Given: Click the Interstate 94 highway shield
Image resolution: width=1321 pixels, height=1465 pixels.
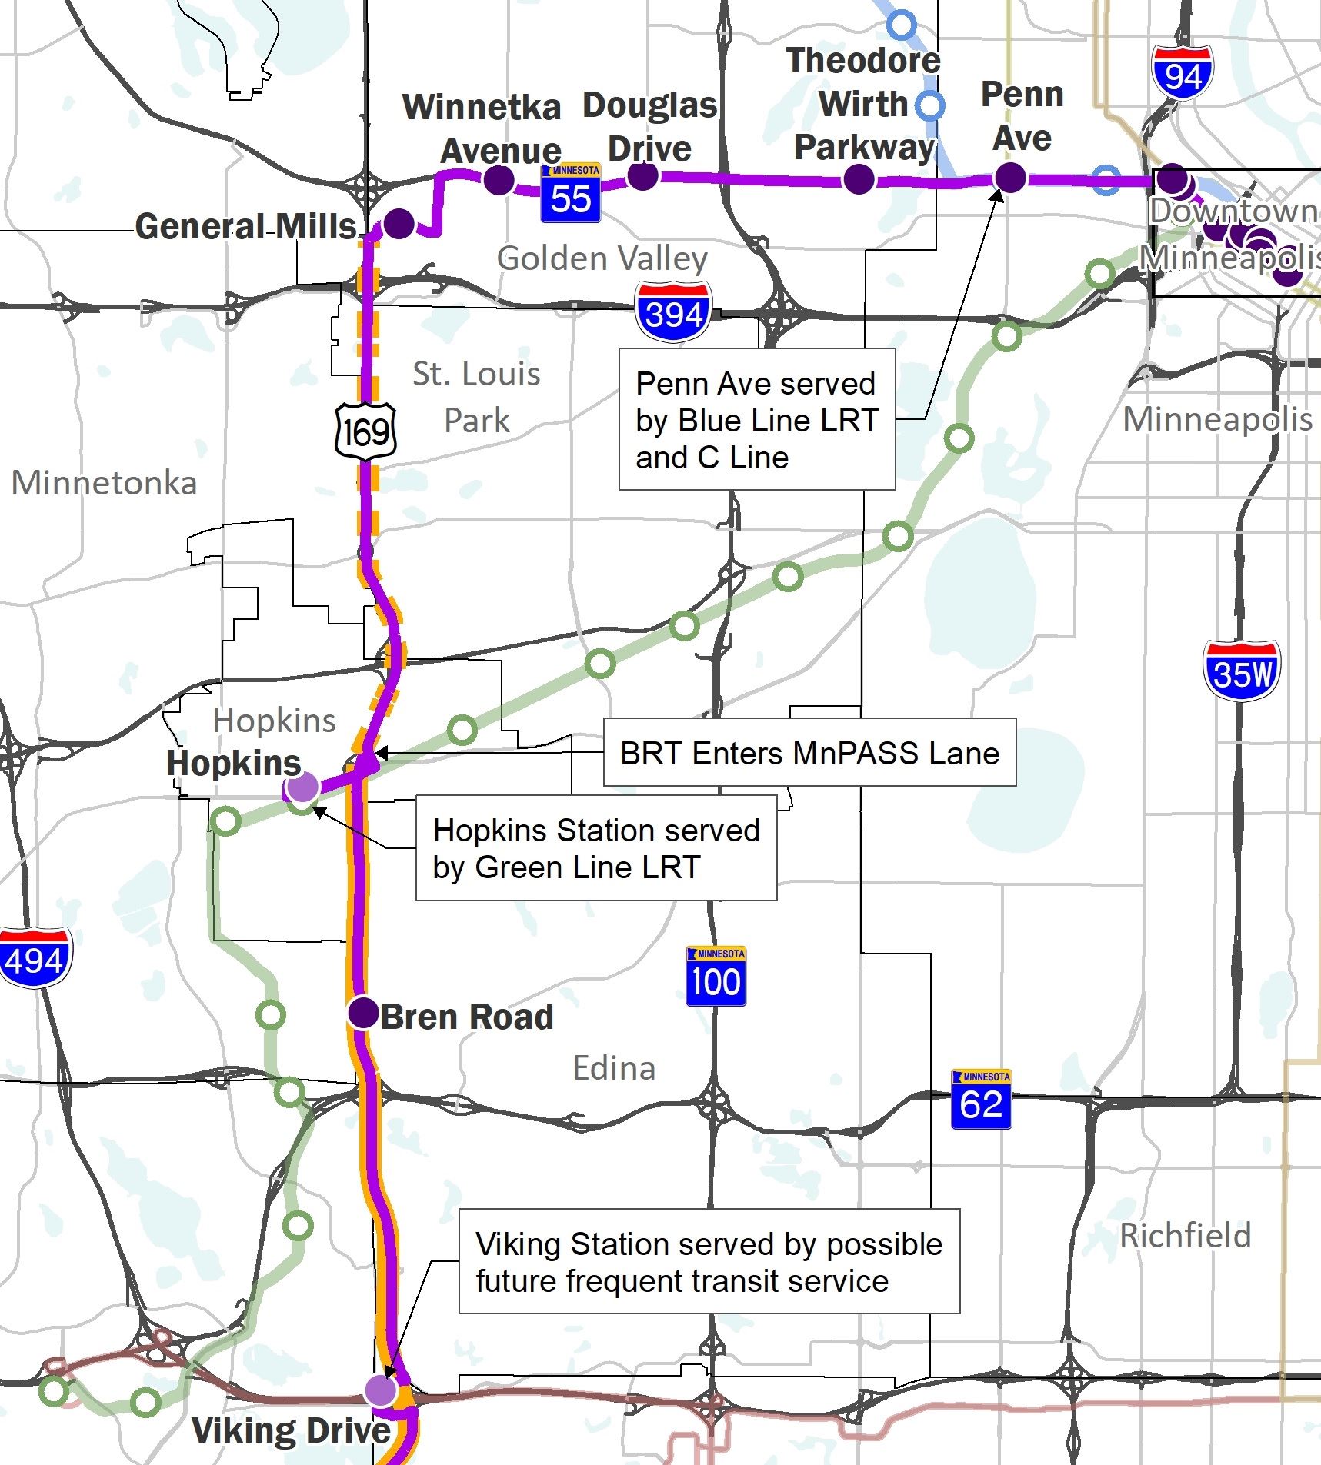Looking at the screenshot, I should pyautogui.click(x=1183, y=72).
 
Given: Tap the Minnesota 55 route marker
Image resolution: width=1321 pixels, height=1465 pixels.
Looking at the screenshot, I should pyautogui.click(x=570, y=194).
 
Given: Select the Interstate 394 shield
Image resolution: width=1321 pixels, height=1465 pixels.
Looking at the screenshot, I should pyautogui.click(x=673, y=311).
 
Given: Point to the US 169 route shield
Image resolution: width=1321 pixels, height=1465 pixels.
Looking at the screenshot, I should pyautogui.click(x=365, y=431).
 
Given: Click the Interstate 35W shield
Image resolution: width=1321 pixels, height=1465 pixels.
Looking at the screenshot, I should pyautogui.click(x=1241, y=671).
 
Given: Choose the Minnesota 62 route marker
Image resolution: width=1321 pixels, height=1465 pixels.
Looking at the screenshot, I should pyautogui.click(x=981, y=1100).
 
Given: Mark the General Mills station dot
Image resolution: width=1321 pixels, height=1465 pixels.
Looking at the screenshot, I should pyautogui.click(x=399, y=223).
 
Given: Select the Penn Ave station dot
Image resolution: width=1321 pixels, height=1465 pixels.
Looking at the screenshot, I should pyautogui.click(x=1010, y=178).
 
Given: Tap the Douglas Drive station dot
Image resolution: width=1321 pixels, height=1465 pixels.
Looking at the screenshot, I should pyautogui.click(x=643, y=175).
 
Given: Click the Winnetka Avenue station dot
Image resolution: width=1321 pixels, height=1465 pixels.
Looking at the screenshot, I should pyautogui.click(x=499, y=180).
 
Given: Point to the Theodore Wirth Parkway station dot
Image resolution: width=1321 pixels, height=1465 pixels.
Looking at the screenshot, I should pyautogui.click(x=859, y=179).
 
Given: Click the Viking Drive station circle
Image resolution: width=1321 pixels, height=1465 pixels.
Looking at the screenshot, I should pyautogui.click(x=380, y=1390).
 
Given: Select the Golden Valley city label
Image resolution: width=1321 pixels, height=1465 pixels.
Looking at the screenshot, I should pyautogui.click(x=602, y=258).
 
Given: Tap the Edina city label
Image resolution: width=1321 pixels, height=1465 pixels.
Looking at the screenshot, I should pyautogui.click(x=614, y=1068).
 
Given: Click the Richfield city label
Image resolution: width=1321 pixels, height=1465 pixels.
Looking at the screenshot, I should pyautogui.click(x=1185, y=1236).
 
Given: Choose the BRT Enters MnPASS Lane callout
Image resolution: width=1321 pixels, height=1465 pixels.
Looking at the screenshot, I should pyautogui.click(x=809, y=753).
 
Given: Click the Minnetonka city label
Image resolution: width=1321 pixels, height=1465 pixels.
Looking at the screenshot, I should pyautogui.click(x=104, y=483).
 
